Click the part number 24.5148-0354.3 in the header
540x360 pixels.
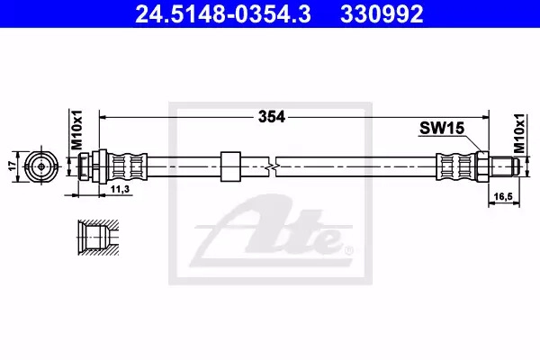coord(223,14)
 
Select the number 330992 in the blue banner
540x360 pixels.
coord(382,14)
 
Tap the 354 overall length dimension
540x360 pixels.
coord(272,117)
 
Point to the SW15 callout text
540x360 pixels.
coord(442,129)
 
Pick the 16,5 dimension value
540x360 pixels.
coord(503,196)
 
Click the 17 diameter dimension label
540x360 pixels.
coord(13,166)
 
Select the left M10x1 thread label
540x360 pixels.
coord(76,130)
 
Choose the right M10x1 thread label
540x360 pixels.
coord(518,134)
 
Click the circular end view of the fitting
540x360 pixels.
coord(41,166)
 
